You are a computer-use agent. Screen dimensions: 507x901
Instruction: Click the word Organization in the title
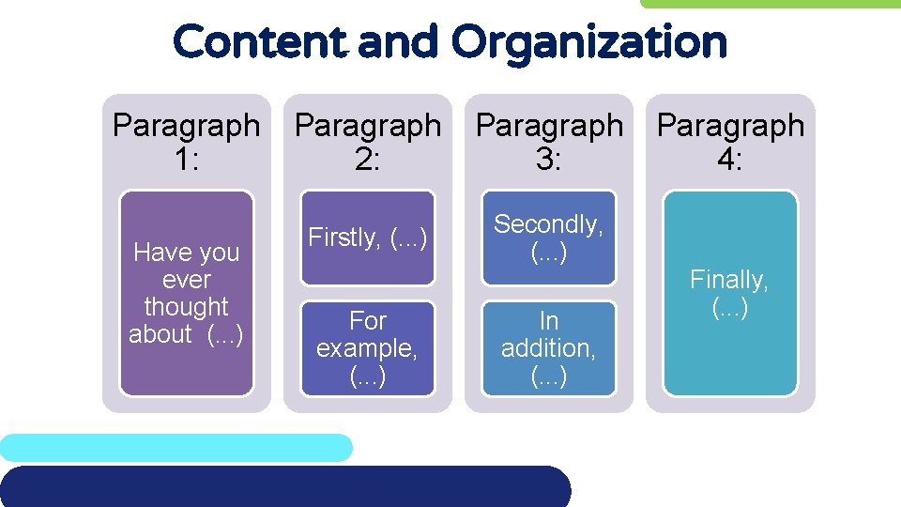[x=588, y=42]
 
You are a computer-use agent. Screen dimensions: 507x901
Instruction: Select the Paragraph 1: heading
[x=186, y=142]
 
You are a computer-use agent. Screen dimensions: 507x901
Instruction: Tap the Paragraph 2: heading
[x=368, y=142]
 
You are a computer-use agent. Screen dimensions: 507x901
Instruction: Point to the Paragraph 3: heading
[x=549, y=142]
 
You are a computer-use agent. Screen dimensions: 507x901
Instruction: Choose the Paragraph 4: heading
[x=730, y=142]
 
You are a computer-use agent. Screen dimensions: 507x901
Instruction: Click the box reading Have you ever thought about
[x=186, y=293]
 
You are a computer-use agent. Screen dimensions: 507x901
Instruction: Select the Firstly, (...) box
[x=368, y=238]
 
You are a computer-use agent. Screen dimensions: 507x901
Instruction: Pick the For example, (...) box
[x=368, y=348]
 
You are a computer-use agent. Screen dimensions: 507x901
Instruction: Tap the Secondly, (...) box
[x=549, y=238]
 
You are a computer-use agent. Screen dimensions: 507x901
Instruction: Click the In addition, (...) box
[x=549, y=348]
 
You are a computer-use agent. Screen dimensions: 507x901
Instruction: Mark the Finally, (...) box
[x=730, y=293]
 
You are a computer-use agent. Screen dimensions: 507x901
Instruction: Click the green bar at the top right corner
[x=770, y=4]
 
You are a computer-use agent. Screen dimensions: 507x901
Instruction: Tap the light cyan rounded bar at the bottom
[x=176, y=447]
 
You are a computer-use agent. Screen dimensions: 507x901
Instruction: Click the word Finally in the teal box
[x=728, y=279]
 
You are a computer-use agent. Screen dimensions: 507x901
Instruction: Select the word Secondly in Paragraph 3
[x=548, y=224]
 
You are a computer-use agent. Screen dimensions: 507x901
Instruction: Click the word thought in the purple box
[x=186, y=307]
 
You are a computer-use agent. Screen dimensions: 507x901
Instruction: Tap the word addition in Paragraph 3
[x=548, y=348]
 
